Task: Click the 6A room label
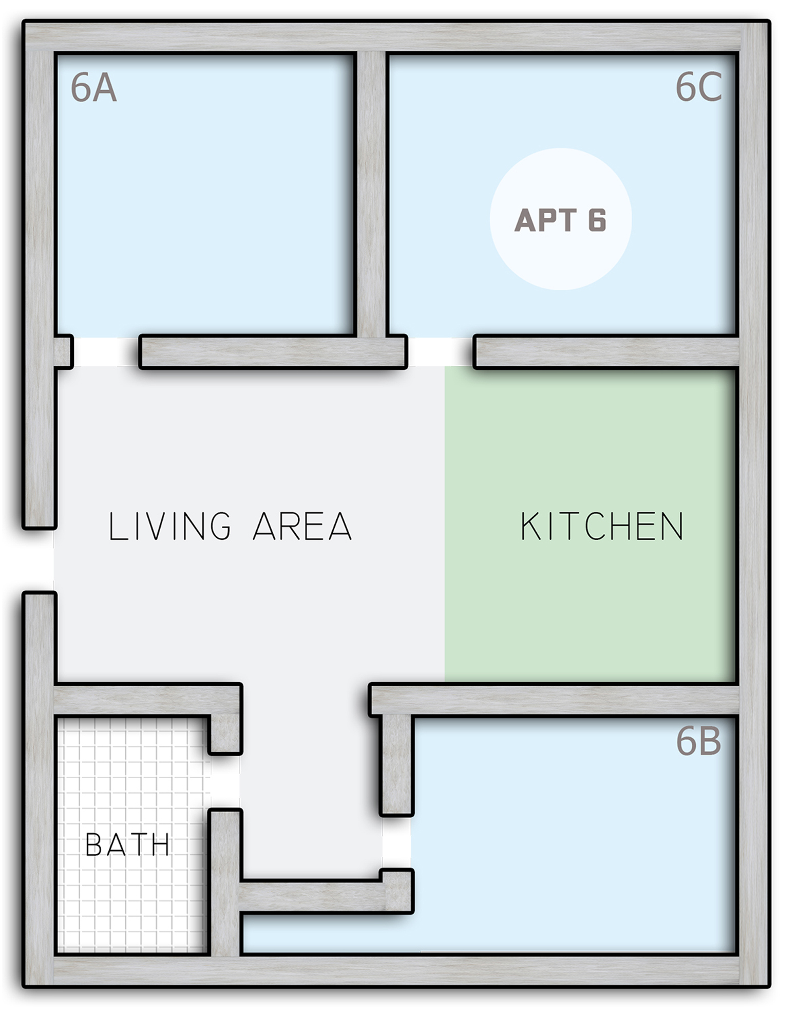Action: (x=93, y=87)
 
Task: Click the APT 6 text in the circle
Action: (x=560, y=220)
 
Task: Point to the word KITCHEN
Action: (x=602, y=526)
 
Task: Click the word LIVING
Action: (x=170, y=526)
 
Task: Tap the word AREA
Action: (x=302, y=526)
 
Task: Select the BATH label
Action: (x=127, y=845)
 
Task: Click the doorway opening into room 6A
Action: (x=106, y=352)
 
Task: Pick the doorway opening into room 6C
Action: (x=440, y=352)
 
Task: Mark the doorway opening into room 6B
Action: (x=396, y=842)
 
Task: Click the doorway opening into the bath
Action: (x=224, y=781)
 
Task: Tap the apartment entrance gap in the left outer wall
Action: (x=39, y=560)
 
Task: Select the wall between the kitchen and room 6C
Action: (x=606, y=352)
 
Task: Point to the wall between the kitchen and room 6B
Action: (x=554, y=699)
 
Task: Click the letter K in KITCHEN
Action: (x=530, y=526)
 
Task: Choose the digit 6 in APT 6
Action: (x=597, y=220)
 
